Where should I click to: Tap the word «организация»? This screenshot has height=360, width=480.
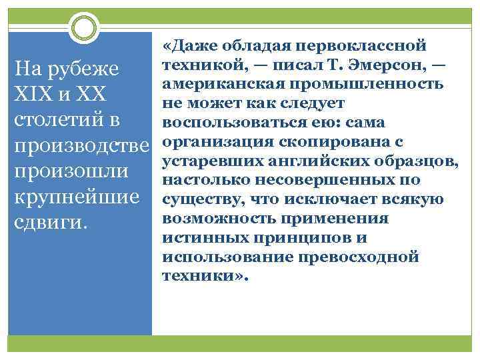click(x=214, y=142)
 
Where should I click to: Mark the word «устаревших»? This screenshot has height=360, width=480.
click(x=207, y=161)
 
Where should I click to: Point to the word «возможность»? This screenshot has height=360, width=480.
click(x=213, y=219)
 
